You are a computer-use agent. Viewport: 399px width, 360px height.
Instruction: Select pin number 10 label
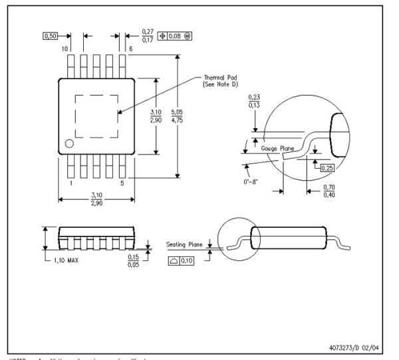coord(65,50)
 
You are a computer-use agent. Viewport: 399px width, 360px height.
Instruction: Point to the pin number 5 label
coord(122,182)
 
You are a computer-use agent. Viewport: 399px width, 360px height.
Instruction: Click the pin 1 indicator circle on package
coord(69,143)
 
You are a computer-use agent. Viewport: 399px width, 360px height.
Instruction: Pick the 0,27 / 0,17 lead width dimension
coord(148,36)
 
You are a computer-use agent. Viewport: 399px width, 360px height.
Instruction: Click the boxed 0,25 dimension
coord(327,168)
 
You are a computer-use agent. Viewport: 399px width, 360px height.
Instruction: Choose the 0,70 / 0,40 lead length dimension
coord(329,191)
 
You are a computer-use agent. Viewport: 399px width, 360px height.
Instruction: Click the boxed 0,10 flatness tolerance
coord(182,261)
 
